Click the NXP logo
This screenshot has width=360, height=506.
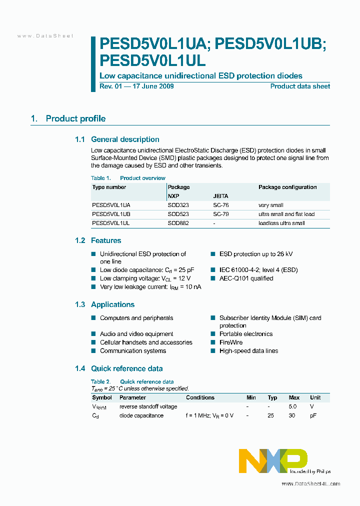(x=273, y=460)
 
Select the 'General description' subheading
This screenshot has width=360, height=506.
(x=125, y=139)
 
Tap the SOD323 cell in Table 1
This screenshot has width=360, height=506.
(x=178, y=205)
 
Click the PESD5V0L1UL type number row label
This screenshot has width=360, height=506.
(x=111, y=223)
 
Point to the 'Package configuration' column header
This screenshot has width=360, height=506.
(x=287, y=187)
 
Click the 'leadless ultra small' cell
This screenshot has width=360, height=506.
(x=281, y=223)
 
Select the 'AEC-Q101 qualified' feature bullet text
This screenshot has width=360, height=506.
(x=246, y=278)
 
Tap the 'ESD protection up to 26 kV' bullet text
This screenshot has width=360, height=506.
(x=256, y=254)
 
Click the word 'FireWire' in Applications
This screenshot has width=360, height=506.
(x=231, y=342)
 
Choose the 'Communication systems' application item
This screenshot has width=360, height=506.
(x=133, y=351)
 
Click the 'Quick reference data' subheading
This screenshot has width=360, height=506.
(x=126, y=368)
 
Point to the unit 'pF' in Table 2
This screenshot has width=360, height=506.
(x=313, y=415)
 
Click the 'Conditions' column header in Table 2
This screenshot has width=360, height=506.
(x=200, y=397)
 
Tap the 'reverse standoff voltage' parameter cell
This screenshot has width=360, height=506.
(x=148, y=406)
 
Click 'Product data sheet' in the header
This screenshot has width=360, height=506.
(x=300, y=86)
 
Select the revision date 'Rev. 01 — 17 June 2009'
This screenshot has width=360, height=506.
(x=136, y=86)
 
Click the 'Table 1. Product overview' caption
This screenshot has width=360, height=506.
(x=128, y=178)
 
